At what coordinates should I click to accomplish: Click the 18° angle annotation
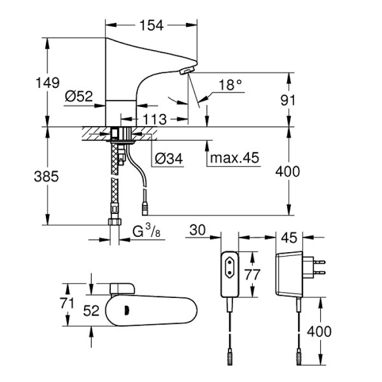[x=229, y=85]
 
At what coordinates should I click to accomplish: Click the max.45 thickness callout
[x=234, y=159]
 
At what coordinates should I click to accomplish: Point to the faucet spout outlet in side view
[x=186, y=71]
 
